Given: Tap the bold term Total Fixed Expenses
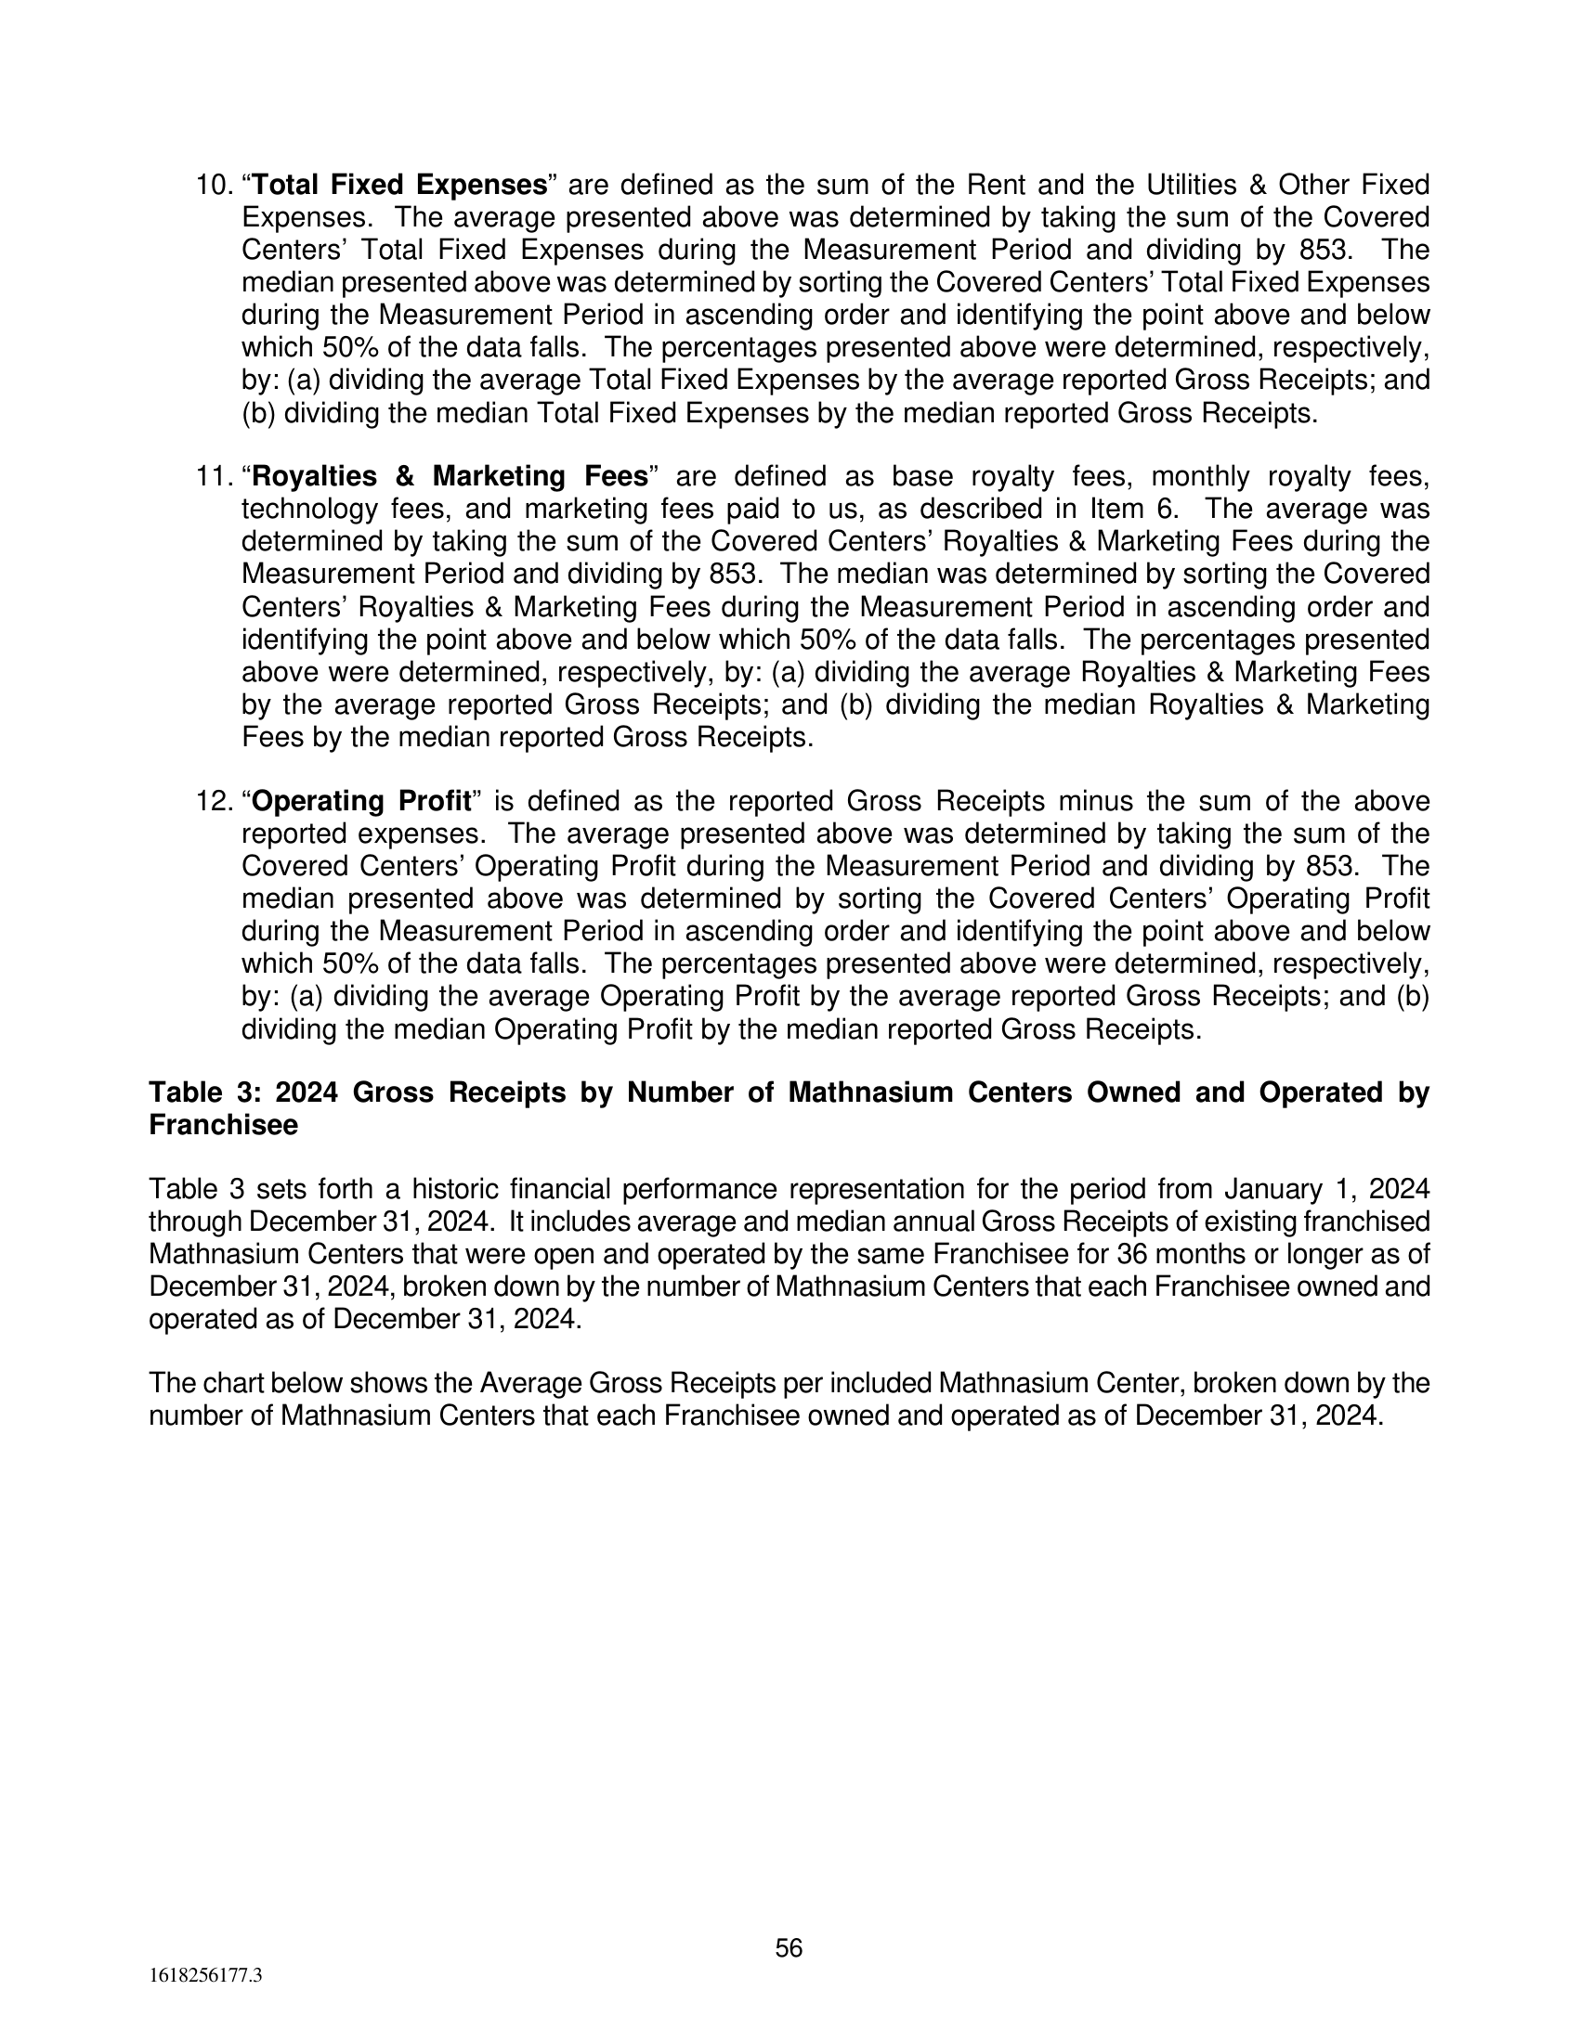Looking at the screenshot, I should pos(399,185).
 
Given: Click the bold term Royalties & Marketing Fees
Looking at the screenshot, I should pos(450,477).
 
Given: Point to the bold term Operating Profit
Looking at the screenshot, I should pos(361,801).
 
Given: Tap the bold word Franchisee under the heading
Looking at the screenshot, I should pos(224,1126).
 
